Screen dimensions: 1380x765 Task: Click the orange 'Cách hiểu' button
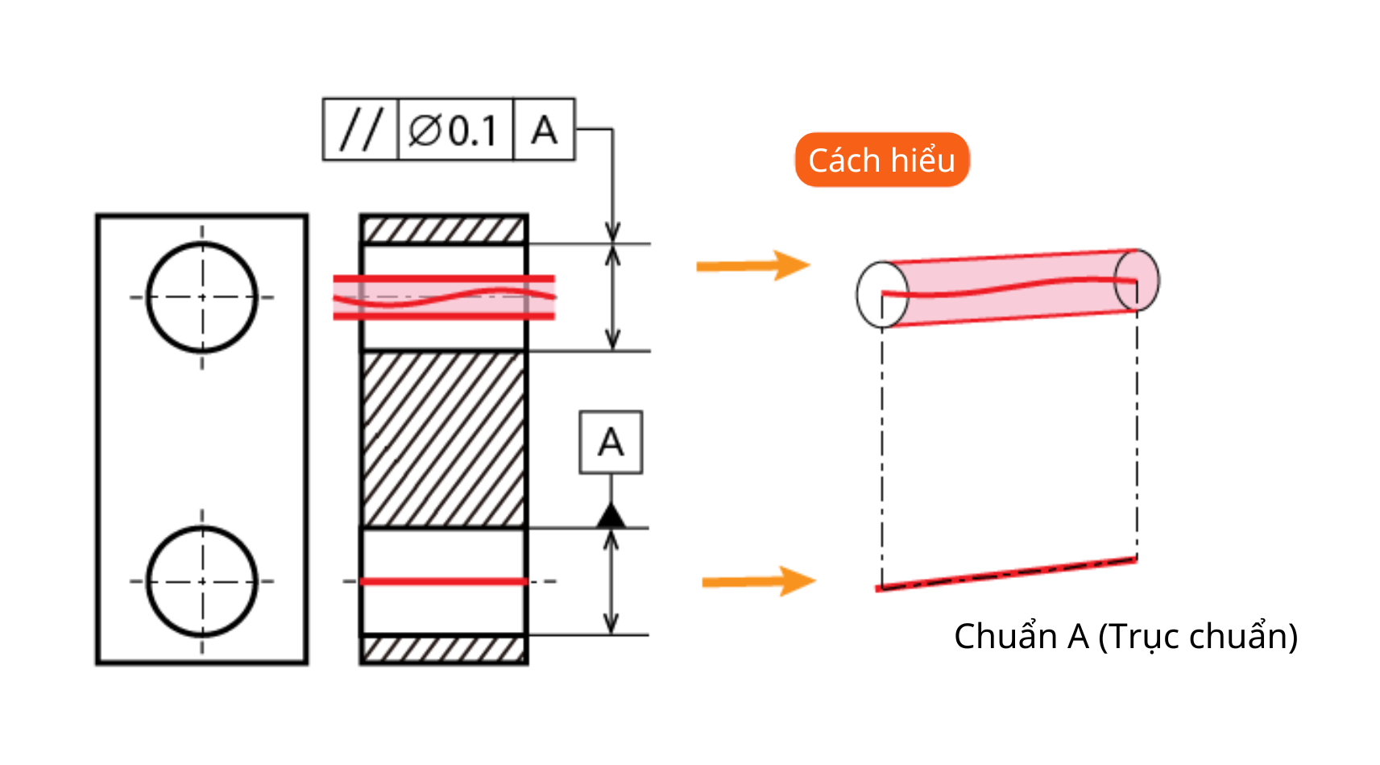click(x=882, y=160)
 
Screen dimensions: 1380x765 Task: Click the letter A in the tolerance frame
click(x=544, y=130)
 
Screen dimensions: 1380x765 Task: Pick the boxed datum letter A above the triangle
click(x=611, y=442)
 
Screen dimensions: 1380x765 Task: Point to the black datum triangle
click(x=611, y=516)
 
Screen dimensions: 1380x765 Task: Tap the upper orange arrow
click(x=753, y=266)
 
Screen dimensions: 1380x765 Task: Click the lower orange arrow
click(x=759, y=581)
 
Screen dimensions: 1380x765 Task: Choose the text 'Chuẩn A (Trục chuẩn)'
click(x=1125, y=636)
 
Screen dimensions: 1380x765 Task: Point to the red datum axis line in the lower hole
click(x=444, y=581)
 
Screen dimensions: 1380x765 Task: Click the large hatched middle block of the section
click(x=444, y=439)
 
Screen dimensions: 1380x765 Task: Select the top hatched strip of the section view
click(x=444, y=230)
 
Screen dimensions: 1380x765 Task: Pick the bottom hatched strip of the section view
click(x=444, y=648)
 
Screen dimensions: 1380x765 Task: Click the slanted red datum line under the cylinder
click(x=1007, y=574)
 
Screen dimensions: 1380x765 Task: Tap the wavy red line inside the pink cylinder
click(x=1009, y=288)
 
